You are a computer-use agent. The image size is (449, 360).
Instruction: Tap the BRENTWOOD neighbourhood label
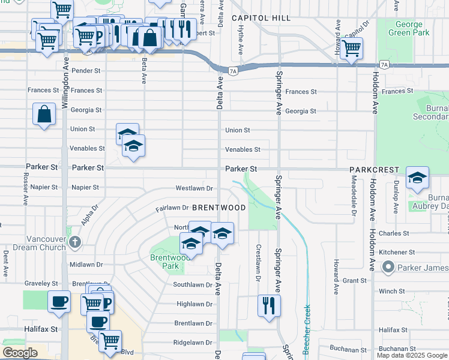[219, 208]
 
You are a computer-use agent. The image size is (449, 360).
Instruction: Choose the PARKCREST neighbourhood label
[375, 170]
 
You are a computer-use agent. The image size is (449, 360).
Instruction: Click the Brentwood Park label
[166, 261]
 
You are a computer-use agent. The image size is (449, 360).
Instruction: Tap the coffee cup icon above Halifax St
[59, 302]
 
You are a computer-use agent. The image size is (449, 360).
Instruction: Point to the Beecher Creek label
[307, 327]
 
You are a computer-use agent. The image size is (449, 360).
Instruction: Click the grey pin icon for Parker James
[388, 267]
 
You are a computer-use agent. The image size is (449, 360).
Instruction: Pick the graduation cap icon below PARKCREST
[417, 178]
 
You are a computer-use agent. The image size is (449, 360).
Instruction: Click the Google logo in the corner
[20, 353]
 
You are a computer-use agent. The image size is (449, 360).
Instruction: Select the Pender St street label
[85, 71]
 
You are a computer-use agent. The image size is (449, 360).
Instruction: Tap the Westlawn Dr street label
[194, 188]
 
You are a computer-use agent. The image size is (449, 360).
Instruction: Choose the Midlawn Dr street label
[86, 265]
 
